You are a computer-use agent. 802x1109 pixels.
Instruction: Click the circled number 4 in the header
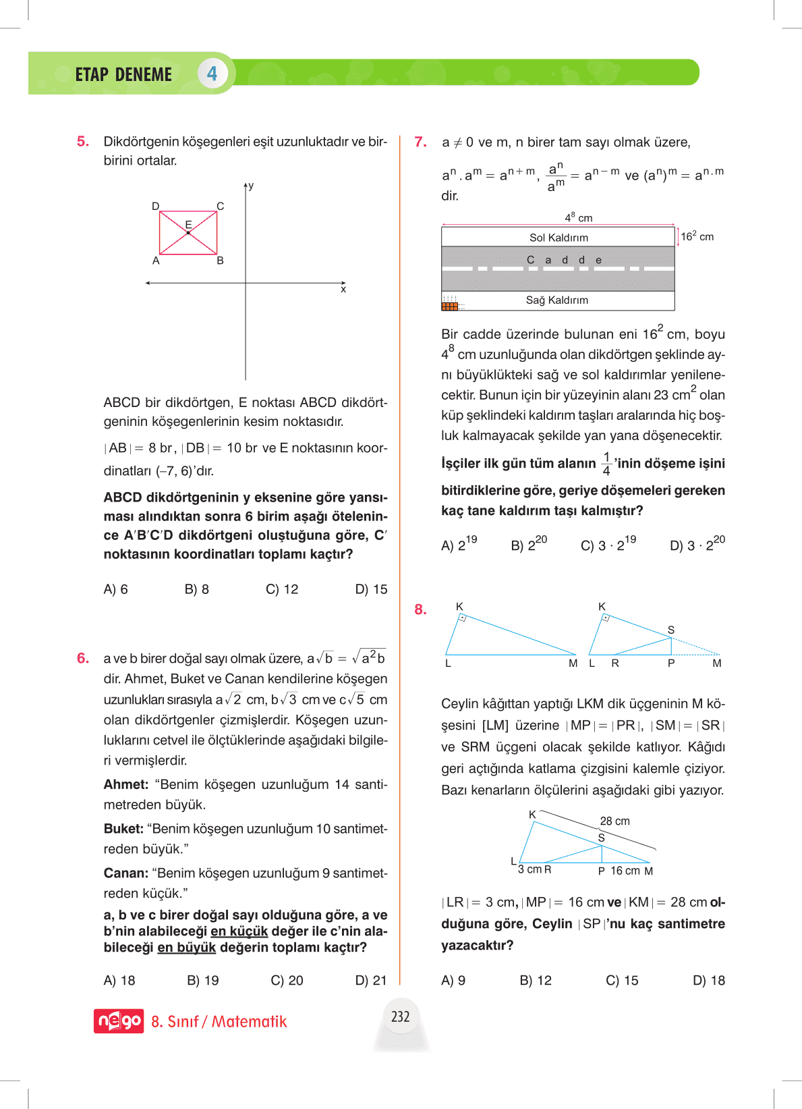click(212, 74)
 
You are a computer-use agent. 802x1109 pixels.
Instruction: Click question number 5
click(83, 142)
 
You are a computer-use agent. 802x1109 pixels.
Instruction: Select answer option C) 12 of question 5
click(282, 589)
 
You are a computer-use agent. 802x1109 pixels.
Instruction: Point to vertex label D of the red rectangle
click(156, 206)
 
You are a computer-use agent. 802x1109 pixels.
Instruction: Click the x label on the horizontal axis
click(343, 290)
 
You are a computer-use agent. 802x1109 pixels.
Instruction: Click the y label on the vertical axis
click(251, 186)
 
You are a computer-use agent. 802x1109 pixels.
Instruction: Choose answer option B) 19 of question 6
click(203, 981)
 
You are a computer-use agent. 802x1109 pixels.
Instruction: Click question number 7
click(421, 142)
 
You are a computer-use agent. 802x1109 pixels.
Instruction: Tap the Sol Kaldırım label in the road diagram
click(558, 238)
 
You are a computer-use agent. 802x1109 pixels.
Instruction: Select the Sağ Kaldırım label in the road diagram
click(557, 300)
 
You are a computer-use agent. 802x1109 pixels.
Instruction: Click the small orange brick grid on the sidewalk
click(449, 306)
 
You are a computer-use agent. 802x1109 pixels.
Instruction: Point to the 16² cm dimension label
click(697, 236)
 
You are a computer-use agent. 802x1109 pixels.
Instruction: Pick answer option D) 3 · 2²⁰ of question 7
click(697, 545)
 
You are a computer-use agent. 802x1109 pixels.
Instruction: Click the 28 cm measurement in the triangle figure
click(614, 821)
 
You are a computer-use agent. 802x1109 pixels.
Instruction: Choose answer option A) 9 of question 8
click(453, 981)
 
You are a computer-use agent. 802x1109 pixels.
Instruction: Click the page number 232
click(401, 1017)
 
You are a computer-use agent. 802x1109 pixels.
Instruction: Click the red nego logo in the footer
click(119, 1021)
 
